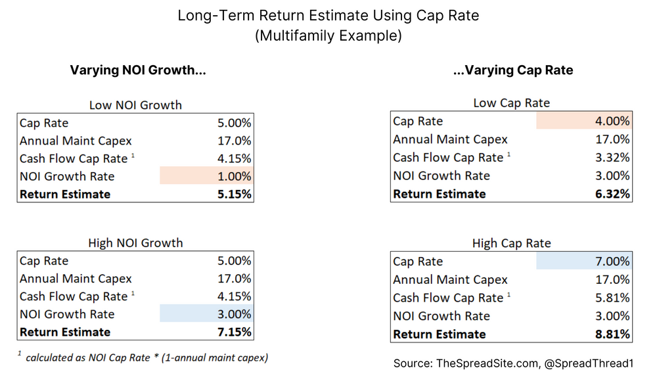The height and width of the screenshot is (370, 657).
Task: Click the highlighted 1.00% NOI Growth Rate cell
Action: [206, 176]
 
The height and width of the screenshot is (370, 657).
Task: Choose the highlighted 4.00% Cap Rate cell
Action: [583, 121]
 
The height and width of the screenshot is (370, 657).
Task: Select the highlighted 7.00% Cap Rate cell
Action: [583, 262]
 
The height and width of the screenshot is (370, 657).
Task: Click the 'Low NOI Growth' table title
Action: [135, 104]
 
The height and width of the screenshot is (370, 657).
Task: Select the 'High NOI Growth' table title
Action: [135, 243]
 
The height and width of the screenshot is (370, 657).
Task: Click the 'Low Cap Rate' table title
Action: [511, 103]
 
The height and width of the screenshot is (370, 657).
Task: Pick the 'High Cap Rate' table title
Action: [511, 244]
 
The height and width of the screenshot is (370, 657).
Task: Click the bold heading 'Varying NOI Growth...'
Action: [138, 70]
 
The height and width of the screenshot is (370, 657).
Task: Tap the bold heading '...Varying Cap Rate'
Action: [513, 70]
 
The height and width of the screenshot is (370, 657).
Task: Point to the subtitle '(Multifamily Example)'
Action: [328, 36]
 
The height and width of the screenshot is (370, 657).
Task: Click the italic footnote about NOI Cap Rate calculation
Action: [143, 358]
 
